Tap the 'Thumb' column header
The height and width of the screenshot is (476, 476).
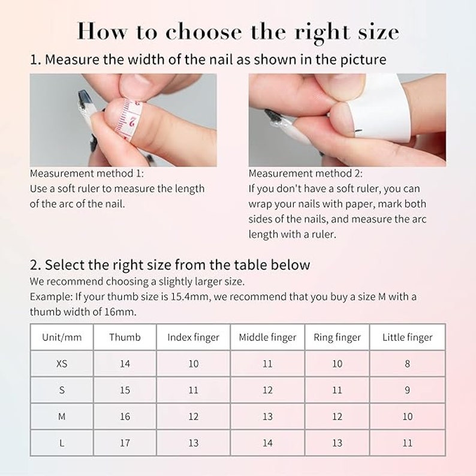125,337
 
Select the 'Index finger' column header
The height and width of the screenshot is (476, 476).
194,338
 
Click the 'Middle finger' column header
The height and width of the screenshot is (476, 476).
267,338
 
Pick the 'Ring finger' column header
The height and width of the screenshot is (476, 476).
337,338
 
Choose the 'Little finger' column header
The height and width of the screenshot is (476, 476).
407,338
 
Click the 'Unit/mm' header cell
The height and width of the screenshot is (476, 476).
62,337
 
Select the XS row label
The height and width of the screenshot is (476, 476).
62,363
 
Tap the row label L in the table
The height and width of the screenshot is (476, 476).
62,443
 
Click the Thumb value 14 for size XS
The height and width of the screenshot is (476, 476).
125,363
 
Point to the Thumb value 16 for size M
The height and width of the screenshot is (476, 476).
125,417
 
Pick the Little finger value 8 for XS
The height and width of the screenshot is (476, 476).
407,363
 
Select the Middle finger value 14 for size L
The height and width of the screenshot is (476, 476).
267,443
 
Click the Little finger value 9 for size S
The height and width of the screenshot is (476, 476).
407,390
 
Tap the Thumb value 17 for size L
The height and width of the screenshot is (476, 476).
125,443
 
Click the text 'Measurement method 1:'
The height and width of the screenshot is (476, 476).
87,173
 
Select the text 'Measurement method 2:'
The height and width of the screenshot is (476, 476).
306,173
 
